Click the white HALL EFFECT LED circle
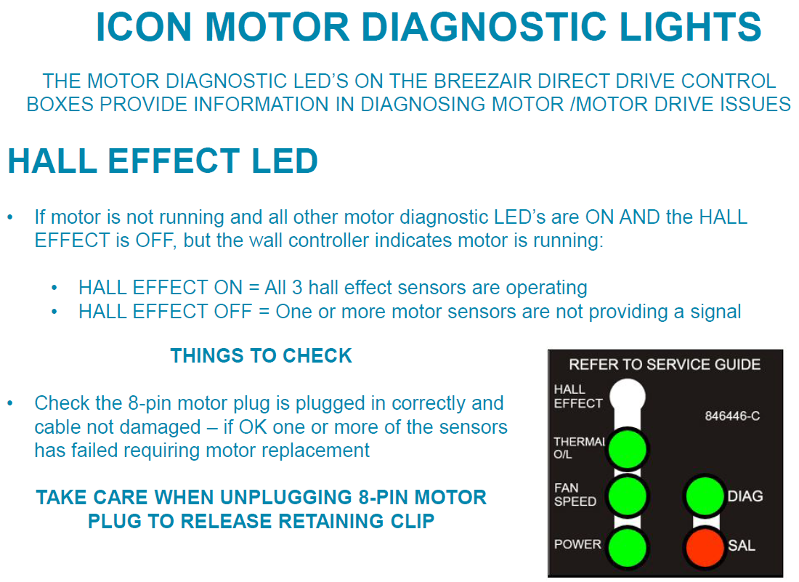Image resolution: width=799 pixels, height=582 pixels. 627,396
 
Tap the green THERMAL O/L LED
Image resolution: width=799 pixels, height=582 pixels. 627,448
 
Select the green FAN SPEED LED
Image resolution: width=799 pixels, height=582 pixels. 627,496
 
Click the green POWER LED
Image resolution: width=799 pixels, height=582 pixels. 627,546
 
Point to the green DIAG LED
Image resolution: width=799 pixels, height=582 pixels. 706,496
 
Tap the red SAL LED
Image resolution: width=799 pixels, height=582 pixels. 706,546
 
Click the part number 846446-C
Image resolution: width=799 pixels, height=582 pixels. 732,417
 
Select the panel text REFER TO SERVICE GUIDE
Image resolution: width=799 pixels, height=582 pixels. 665,364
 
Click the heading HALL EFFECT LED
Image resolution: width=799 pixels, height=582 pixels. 163,161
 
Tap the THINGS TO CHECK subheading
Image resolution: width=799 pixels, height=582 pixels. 261,356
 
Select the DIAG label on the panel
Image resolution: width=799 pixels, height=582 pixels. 745,496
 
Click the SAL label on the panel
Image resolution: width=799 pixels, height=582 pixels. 741,545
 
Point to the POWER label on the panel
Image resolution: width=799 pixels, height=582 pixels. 577,544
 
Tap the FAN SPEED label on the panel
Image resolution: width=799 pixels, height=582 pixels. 575,495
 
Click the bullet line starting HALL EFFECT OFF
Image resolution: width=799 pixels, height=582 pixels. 410,312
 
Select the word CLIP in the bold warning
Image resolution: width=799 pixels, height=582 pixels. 409,521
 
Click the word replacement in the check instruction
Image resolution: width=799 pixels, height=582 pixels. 313,450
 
